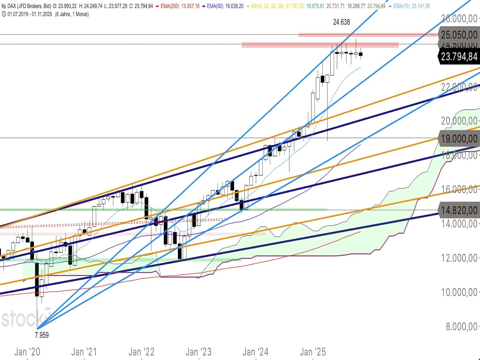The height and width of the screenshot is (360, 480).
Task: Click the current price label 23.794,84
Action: coord(459,56)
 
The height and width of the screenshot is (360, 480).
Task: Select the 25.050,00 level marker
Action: coord(459,35)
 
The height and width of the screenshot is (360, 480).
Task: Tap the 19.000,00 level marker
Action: coord(459,139)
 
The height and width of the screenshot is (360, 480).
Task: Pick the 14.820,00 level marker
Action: coord(459,210)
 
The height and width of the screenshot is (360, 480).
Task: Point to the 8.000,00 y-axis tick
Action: coord(461,326)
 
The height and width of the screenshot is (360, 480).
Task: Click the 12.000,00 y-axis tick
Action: coord(459,258)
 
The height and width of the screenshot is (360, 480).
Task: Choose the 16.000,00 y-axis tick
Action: coord(459,189)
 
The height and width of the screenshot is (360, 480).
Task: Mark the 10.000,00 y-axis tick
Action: coord(459,292)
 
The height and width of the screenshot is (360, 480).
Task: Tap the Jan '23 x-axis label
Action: coord(198,352)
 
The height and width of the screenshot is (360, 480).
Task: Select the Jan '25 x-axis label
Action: coord(313,352)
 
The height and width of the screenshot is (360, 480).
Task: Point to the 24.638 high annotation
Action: coord(341,22)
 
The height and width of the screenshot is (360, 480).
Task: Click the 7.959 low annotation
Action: coord(42,335)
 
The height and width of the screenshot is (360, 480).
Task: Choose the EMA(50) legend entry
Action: coord(224,6)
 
